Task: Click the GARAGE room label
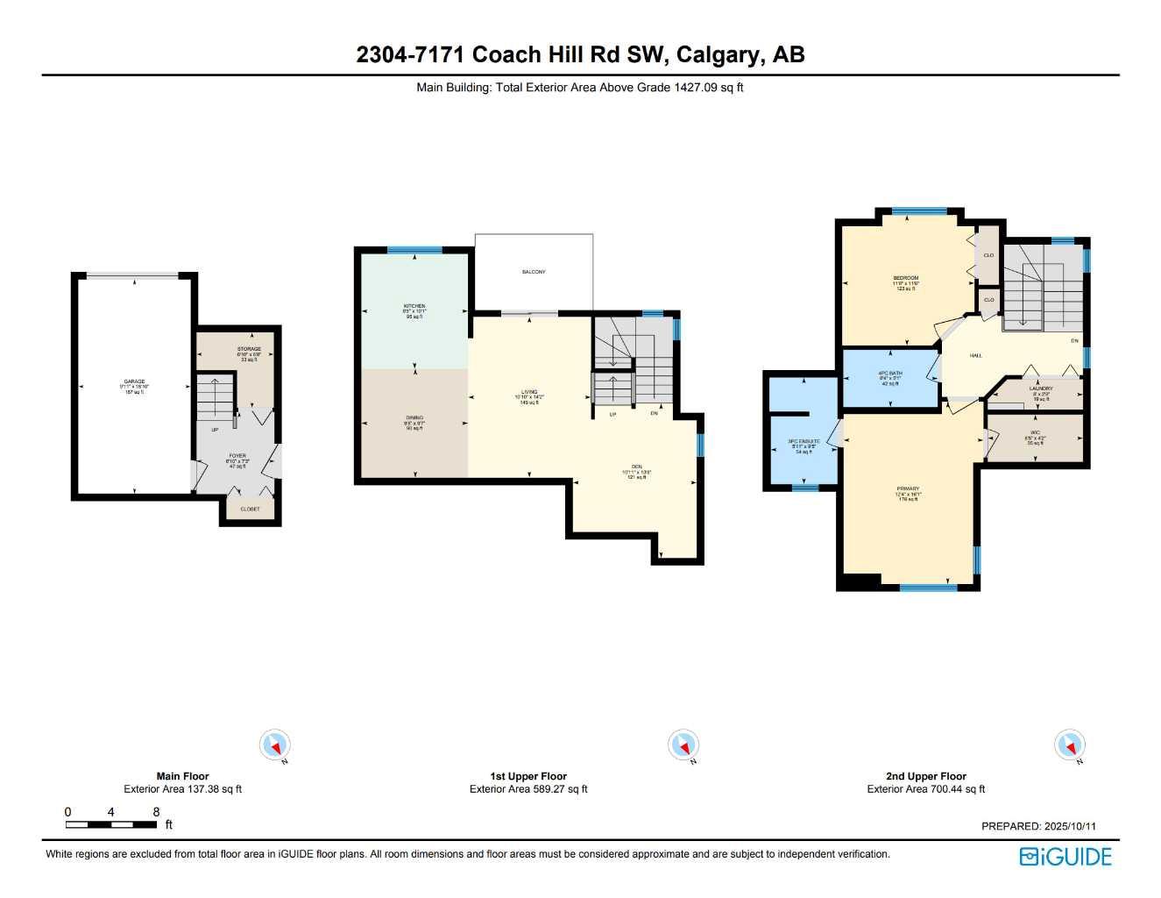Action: [134, 382]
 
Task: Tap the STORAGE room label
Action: [249, 350]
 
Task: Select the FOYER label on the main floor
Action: [237, 456]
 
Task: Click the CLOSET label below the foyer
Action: [250, 510]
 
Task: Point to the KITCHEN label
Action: [414, 307]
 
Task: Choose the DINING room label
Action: [414, 418]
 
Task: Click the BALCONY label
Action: [534, 272]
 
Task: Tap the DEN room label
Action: [637, 467]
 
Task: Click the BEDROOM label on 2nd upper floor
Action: [906, 279]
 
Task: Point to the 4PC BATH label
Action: [890, 374]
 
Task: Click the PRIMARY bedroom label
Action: [909, 489]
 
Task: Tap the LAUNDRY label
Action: [1041, 388]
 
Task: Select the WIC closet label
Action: [1035, 433]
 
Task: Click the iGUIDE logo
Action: [1065, 857]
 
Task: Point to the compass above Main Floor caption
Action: [275, 745]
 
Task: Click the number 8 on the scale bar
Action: [156, 812]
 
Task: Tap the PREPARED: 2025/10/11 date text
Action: [1038, 826]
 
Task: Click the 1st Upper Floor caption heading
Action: [528, 776]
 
